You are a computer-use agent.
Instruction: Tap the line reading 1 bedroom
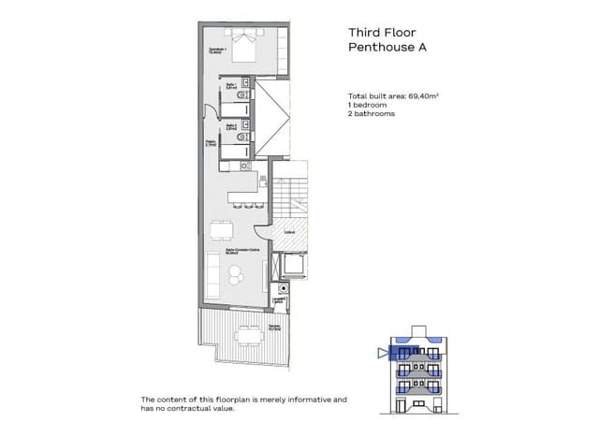click(x=369, y=105)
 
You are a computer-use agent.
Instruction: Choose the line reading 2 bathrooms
click(x=373, y=113)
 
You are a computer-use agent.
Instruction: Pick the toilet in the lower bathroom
click(x=243, y=138)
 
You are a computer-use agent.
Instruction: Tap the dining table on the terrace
click(x=248, y=333)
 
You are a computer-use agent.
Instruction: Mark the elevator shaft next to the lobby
click(x=294, y=267)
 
